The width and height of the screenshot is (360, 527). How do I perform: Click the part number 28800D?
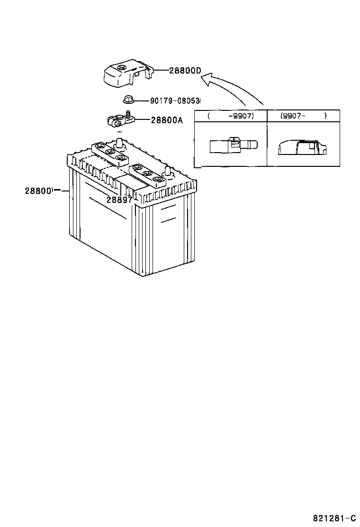tap(185, 71)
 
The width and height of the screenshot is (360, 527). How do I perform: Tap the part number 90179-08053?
tap(175, 101)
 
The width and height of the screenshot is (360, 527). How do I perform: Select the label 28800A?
tap(167, 120)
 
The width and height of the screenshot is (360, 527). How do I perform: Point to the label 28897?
tap(119, 200)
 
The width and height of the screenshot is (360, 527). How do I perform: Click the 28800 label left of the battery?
tap(38, 191)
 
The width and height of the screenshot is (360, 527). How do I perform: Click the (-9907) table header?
tap(231, 116)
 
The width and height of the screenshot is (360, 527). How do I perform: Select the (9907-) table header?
tap(303, 116)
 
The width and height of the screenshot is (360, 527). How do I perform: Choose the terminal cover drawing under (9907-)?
tap(301, 147)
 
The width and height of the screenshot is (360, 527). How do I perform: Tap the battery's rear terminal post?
tap(119, 142)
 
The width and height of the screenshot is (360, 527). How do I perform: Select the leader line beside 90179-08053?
tap(141, 100)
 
